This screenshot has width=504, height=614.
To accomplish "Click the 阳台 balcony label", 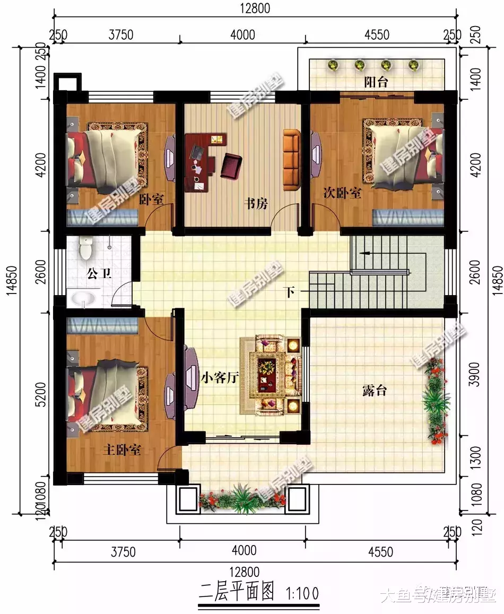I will (x=376, y=82).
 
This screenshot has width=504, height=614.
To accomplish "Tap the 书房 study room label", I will (x=255, y=203).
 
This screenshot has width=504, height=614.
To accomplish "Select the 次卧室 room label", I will (x=342, y=193).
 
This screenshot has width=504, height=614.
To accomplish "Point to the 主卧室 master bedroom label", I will (x=121, y=451).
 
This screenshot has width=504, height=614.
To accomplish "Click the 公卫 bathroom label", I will (x=99, y=274).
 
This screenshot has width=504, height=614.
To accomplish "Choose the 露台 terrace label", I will (x=374, y=391).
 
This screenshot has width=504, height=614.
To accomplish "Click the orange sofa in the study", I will (x=291, y=159).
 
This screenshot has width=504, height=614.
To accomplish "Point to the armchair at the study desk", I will (x=231, y=165).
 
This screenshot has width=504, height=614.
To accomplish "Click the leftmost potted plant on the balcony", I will (x=333, y=66).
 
